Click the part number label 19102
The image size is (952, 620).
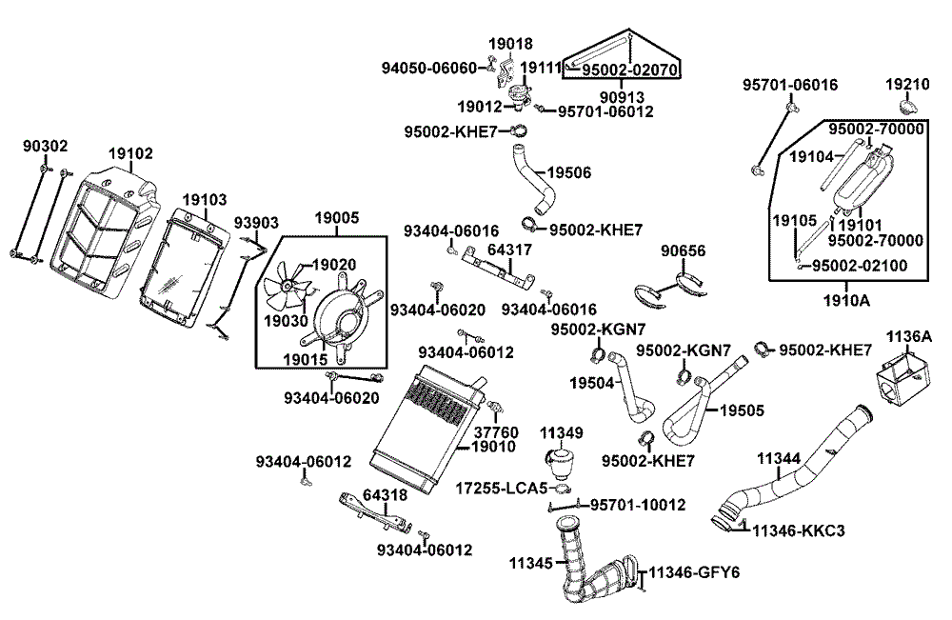[x=129, y=152]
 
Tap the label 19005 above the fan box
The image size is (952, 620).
[x=337, y=218]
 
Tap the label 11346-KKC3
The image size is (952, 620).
[x=798, y=530]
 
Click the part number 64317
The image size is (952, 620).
[x=510, y=250]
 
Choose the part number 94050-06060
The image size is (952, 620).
[x=428, y=69]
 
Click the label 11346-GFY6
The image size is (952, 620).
[x=697, y=573]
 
